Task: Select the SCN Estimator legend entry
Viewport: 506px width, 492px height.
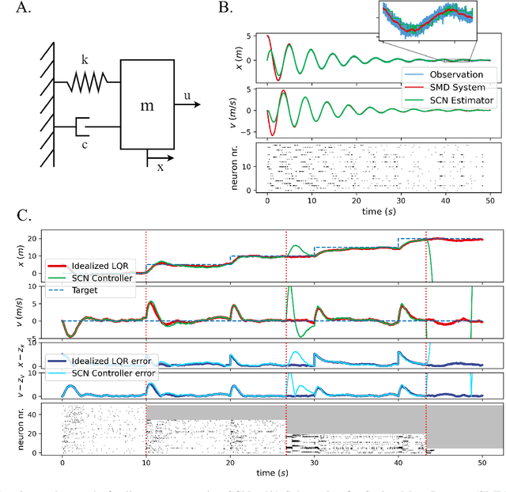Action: (466, 100)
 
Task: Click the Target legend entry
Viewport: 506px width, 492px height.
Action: (87, 290)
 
